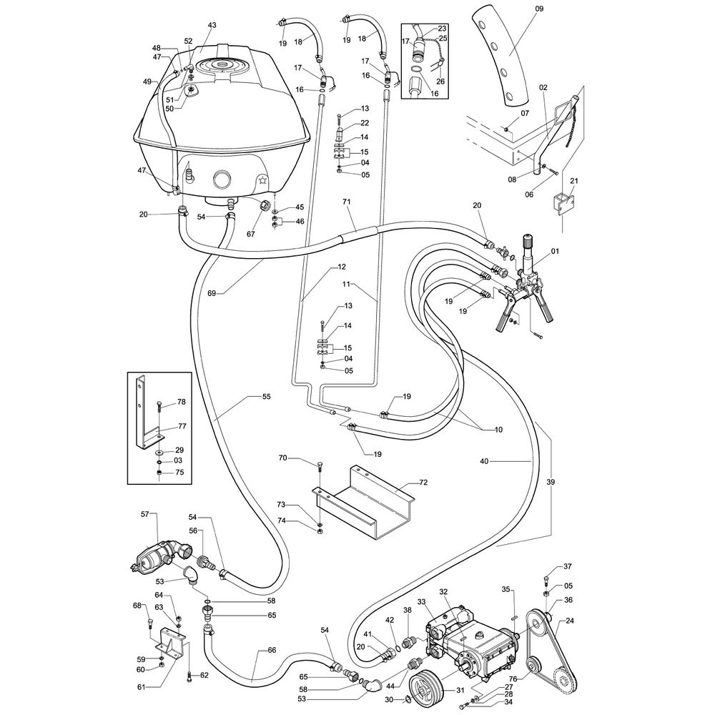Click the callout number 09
pos(539,9)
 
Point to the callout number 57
pos(144,514)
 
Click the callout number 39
pos(551,482)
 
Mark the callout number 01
pos(555,250)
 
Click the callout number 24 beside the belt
pos(570,621)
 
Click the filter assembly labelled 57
pos(154,557)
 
